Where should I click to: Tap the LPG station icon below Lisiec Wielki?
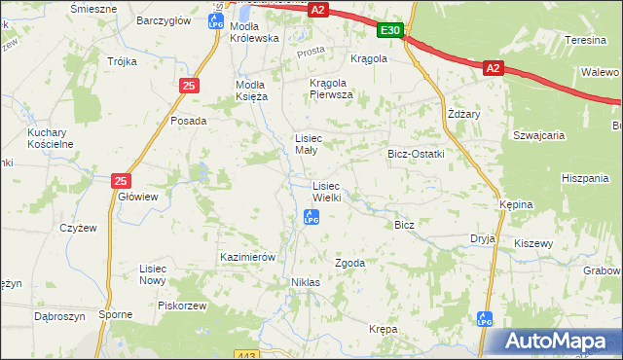(x=311, y=218)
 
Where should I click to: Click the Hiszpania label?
(x=585, y=178)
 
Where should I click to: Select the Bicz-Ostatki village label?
(x=416, y=154)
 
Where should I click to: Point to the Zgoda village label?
(x=349, y=263)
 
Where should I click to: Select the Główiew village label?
(x=137, y=196)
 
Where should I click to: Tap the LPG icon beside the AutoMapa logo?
(x=485, y=318)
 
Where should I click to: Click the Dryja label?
(x=483, y=237)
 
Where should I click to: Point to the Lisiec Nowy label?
(x=154, y=273)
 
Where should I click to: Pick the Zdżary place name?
(x=461, y=113)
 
